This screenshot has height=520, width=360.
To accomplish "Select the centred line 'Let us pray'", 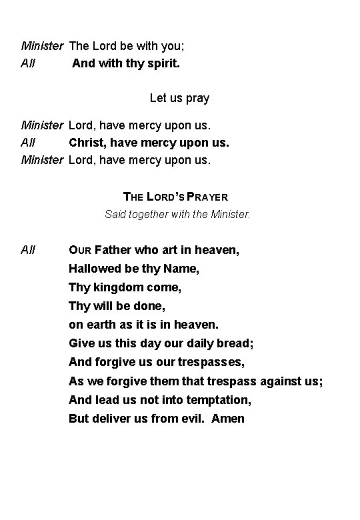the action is point(179,98).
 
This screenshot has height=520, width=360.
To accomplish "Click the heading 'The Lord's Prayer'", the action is point(176,197).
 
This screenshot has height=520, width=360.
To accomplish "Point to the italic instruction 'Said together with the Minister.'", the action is point(178,215).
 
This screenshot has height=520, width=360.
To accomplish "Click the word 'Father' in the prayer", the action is point(113,251).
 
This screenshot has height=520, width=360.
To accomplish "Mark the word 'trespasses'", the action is point(211,363).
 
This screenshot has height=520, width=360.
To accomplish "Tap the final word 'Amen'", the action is point(228,419).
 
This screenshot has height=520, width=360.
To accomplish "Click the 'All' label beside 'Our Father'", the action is point(28,251).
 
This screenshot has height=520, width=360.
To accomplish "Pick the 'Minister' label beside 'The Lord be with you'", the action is point(42,46).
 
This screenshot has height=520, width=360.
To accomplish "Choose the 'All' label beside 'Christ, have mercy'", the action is point(28,142).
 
